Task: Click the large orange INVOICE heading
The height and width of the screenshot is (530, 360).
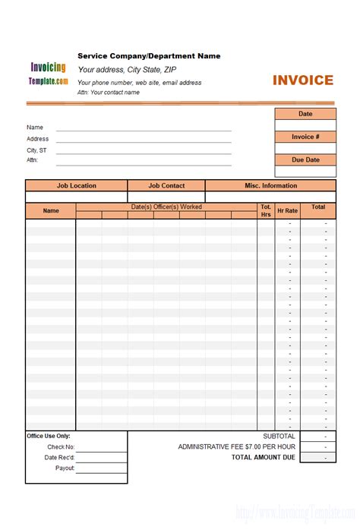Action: coord(303,80)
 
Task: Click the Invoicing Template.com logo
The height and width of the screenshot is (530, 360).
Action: coord(49,73)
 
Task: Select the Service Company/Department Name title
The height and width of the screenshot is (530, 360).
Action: coord(149,56)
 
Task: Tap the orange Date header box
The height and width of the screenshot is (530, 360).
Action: coord(305,114)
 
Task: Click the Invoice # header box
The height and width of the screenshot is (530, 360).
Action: coord(305,137)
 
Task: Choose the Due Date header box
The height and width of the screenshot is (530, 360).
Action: coord(305,159)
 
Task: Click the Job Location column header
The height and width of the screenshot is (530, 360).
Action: coord(76,185)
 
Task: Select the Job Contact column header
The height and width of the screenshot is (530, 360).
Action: coord(166,185)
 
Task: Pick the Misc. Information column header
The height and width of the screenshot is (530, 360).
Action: coord(270,185)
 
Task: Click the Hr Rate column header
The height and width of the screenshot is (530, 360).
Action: coord(287,210)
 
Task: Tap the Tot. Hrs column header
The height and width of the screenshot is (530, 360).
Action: coord(266,210)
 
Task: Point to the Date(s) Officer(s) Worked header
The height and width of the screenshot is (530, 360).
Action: coord(166,207)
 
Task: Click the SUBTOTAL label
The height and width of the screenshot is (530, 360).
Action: coord(279,437)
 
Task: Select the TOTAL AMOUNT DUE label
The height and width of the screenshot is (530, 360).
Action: coord(263,458)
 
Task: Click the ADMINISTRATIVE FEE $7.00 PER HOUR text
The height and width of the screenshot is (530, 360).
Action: coord(236,447)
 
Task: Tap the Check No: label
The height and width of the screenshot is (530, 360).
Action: coord(61,447)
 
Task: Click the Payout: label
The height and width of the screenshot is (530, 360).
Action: coord(65,468)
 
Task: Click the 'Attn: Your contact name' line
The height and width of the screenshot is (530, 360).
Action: coord(109,93)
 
